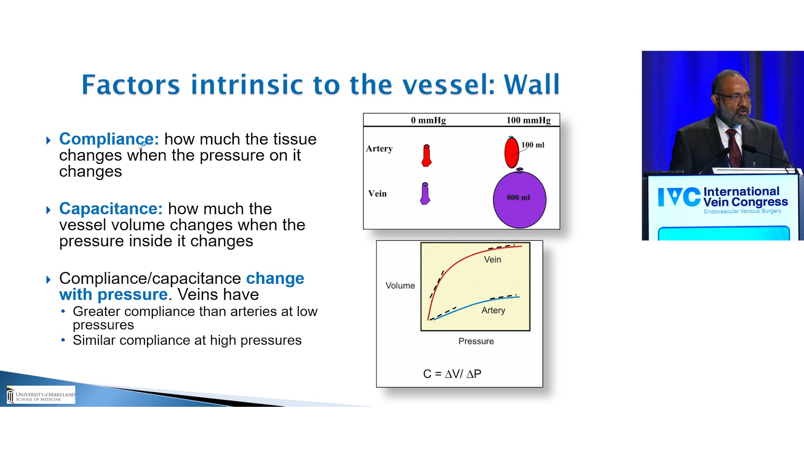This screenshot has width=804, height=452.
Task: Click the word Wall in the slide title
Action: pos(532,84)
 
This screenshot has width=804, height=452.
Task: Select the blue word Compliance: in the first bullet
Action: pos(109,139)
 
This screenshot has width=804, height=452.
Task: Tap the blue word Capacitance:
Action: pos(111,208)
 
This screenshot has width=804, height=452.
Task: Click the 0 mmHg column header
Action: pos(428,121)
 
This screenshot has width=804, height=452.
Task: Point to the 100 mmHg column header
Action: pos(528,121)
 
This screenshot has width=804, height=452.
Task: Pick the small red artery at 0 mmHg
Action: pos(426,156)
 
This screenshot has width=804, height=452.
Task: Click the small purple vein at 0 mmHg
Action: pos(425,193)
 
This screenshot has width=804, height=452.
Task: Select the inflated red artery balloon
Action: pos(511,152)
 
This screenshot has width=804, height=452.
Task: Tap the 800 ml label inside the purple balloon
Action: pos(518,198)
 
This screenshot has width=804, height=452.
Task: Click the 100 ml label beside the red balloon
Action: pos(533,145)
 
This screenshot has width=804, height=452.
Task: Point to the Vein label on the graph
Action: pos(492,259)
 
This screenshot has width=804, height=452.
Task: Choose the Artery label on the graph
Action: pos(493,310)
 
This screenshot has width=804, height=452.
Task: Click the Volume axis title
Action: pos(400,285)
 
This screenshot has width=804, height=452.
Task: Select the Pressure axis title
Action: pos(476,341)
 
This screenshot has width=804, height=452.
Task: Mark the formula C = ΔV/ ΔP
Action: pos(452,374)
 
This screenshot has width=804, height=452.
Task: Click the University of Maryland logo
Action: pos(41,395)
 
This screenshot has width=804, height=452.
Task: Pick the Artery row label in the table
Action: pos(379,149)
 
